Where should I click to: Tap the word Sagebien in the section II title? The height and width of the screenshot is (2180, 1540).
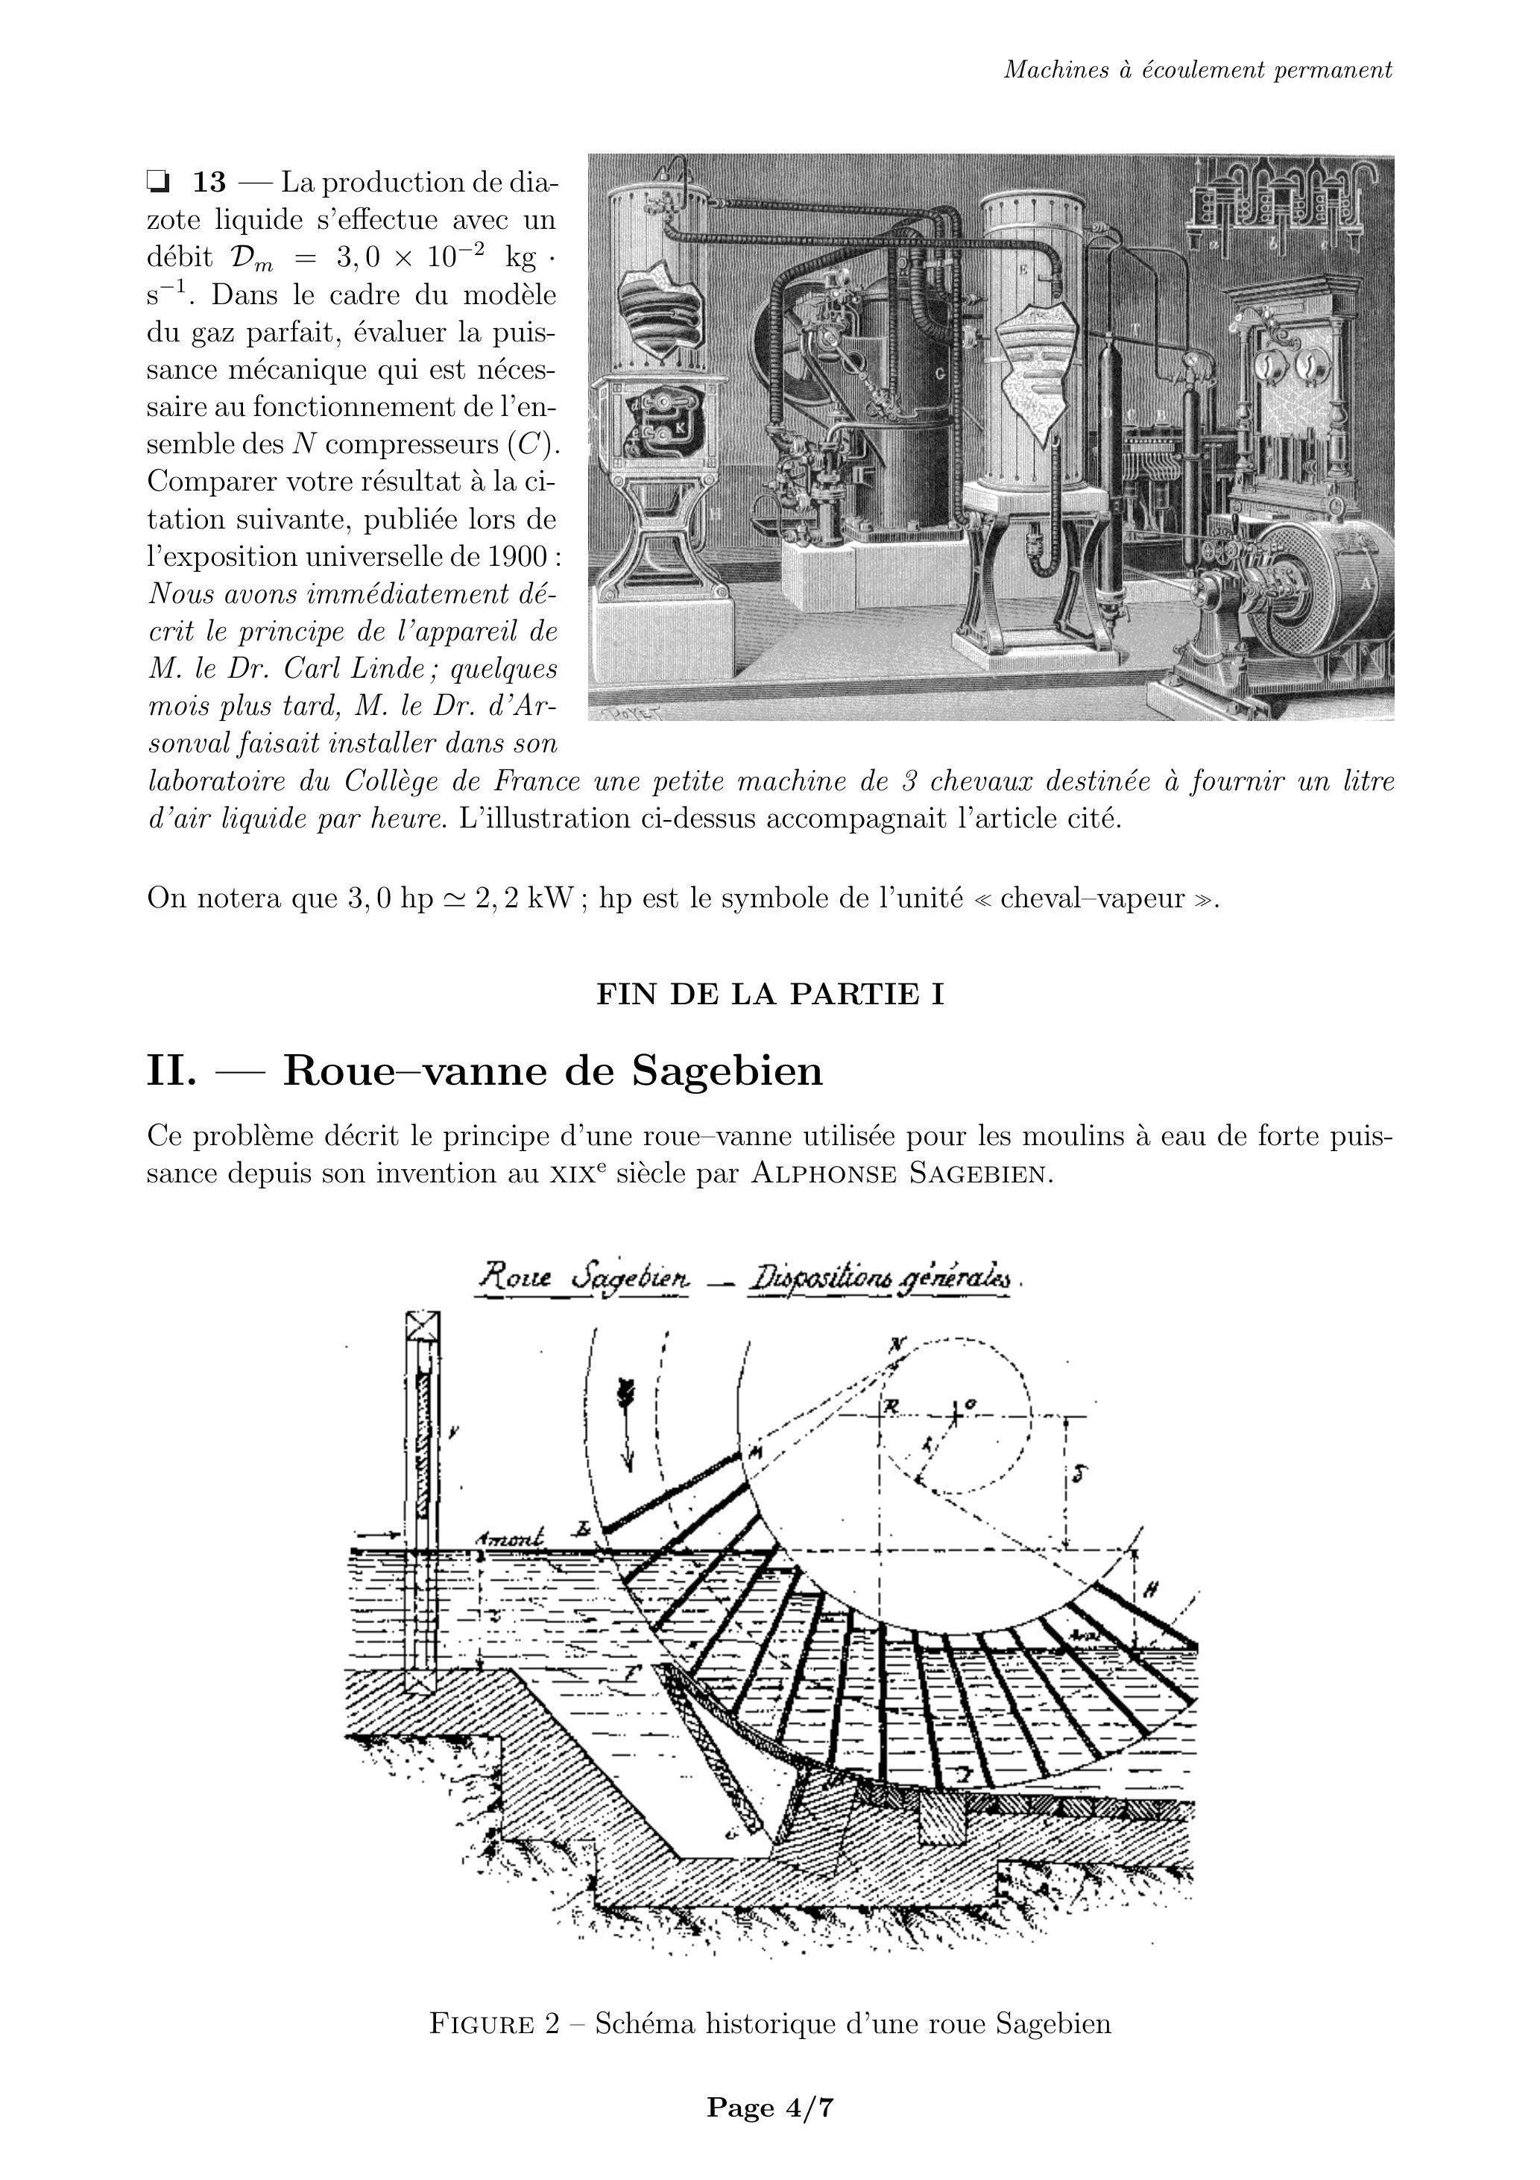pyautogui.click(x=728, y=1071)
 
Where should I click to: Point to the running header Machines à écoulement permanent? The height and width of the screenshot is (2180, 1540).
pyautogui.click(x=1198, y=70)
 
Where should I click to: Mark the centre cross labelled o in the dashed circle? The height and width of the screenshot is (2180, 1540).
pyautogui.click(x=955, y=1416)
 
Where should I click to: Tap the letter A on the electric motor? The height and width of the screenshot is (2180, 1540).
pyautogui.click(x=1367, y=585)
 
